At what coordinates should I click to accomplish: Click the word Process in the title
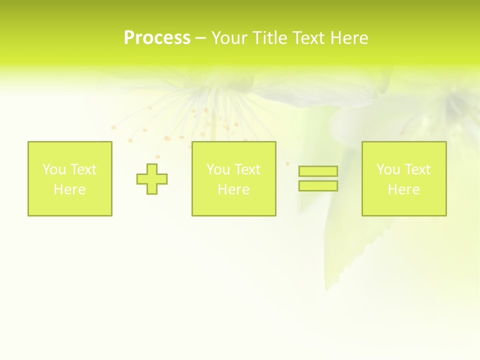click(x=157, y=38)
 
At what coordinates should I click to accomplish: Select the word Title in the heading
click(x=269, y=38)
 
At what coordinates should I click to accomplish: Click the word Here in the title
click(x=349, y=38)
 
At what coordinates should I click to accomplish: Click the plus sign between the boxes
click(x=152, y=179)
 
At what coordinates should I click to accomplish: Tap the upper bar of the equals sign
click(x=318, y=171)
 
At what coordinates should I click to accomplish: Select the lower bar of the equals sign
click(x=318, y=186)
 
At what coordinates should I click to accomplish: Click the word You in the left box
click(x=53, y=169)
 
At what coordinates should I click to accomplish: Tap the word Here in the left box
click(x=69, y=189)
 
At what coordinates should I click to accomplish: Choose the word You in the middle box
click(x=217, y=169)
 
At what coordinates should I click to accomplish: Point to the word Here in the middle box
click(x=233, y=189)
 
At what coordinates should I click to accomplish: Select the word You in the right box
click(x=387, y=169)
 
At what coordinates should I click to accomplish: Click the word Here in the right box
click(x=403, y=189)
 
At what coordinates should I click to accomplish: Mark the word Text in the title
click(x=309, y=38)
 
